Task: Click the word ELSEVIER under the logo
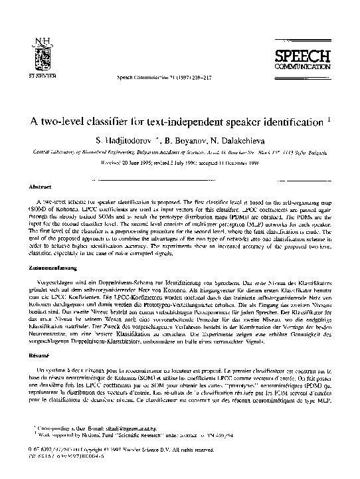click(x=43, y=74)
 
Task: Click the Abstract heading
click(x=42, y=187)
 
